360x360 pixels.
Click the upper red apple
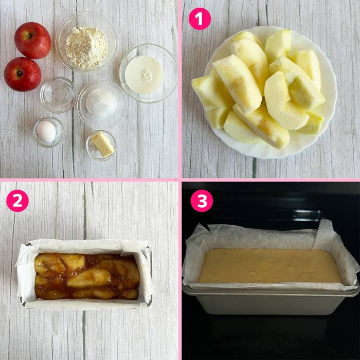tap(32, 41)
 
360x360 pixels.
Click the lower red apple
tap(23, 74)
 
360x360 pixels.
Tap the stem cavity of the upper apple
tap(29, 36)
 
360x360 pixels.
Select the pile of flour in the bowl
tap(86, 47)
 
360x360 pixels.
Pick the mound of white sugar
tap(101, 102)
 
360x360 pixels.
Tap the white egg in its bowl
tap(46, 132)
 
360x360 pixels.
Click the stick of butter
tap(103, 145)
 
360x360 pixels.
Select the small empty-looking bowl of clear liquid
tap(58, 95)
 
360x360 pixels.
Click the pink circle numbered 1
tap(200, 19)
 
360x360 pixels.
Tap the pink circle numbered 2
tap(17, 201)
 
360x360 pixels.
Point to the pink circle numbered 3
tap(202, 201)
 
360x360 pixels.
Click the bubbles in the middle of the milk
tap(147, 75)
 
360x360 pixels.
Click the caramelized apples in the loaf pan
tap(87, 276)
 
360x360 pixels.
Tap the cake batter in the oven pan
tap(270, 266)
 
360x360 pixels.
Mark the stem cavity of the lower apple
tap(20, 74)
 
